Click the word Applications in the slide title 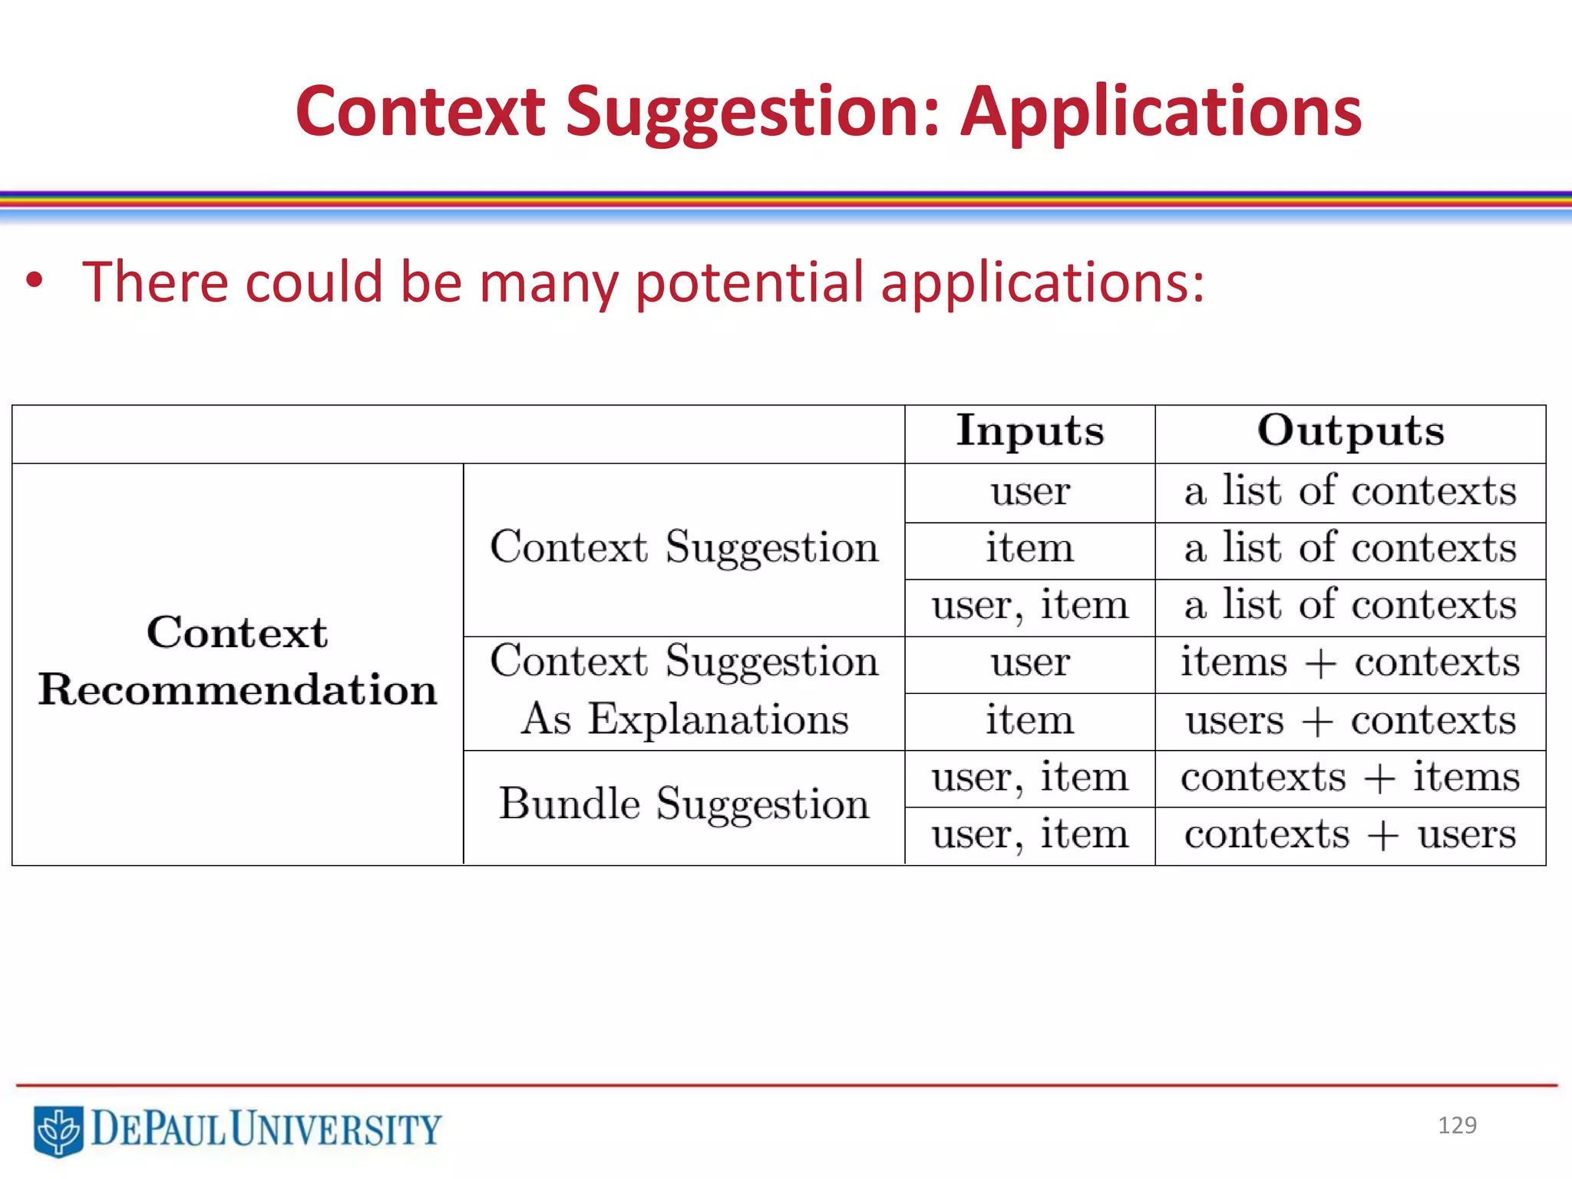(1161, 114)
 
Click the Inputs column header (1029, 431)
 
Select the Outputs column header (1350, 431)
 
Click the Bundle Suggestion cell (684, 804)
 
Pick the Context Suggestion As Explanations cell (684, 691)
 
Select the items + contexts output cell (1350, 663)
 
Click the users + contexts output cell (1350, 721)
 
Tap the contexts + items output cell (1350, 778)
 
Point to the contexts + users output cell (1350, 835)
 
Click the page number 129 (1457, 1125)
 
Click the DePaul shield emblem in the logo (58, 1130)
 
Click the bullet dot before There (34, 281)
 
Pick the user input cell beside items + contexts (1029, 663)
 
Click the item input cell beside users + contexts (1029, 721)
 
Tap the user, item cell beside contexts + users (1029, 835)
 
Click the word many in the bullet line (548, 282)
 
